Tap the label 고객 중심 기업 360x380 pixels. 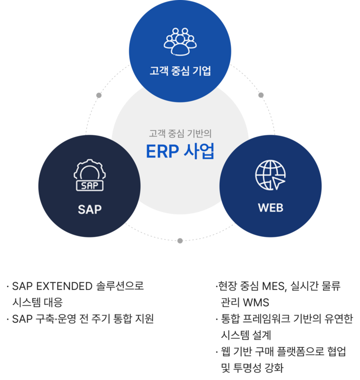point(180,71)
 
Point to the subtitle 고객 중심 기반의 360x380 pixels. point(180,133)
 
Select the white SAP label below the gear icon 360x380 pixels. point(90,209)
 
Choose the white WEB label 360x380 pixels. point(271,208)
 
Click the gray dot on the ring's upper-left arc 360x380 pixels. point(99,95)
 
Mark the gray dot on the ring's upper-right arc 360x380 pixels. point(261,95)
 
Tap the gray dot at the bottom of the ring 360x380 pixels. point(180,240)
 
